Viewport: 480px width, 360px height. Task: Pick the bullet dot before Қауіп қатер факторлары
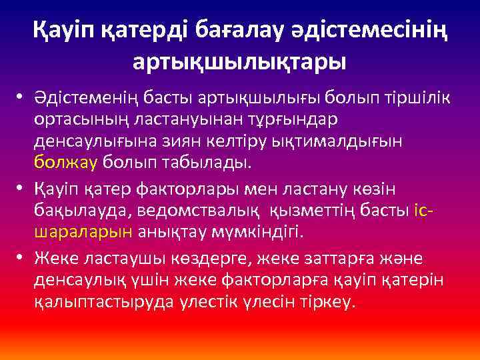pyautogui.click(x=21, y=189)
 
